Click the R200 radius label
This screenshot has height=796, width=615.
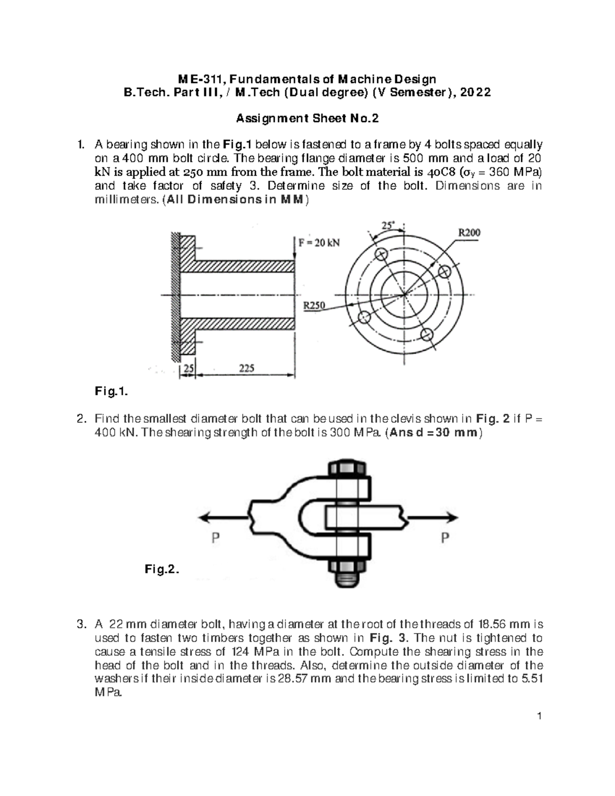[468, 233]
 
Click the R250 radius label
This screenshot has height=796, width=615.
[314, 305]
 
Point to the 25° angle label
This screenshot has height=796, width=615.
[388, 225]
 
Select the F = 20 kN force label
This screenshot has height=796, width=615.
[319, 243]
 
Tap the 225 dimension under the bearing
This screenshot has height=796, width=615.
[247, 368]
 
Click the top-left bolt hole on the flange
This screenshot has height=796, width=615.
[381, 254]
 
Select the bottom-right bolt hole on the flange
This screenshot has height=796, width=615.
[427, 334]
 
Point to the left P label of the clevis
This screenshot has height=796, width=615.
[216, 538]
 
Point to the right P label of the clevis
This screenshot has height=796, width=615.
[445, 538]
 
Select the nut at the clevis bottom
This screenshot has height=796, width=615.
[346, 568]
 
